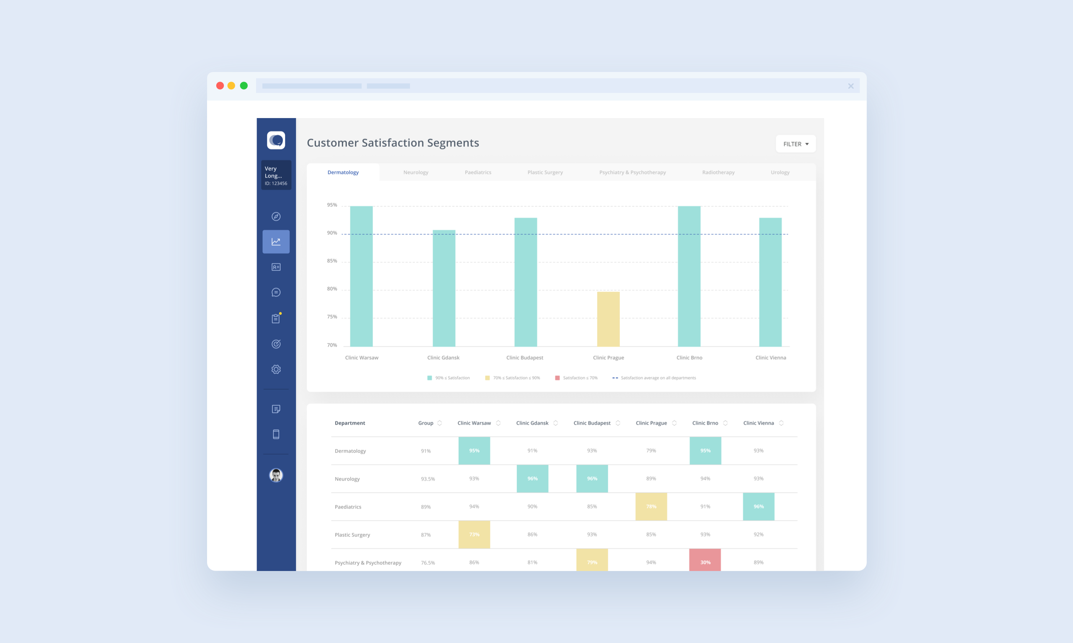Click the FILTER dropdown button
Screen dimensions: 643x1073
click(796, 144)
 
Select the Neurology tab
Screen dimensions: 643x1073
click(415, 172)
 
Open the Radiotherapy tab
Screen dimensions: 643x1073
click(718, 172)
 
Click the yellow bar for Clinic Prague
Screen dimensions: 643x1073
click(608, 319)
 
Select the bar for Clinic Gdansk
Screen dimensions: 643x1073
click(444, 288)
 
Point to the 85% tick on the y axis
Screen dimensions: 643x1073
click(332, 261)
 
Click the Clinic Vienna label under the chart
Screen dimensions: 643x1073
click(770, 358)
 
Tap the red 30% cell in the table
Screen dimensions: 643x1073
click(705, 561)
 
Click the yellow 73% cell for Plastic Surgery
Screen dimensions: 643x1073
click(474, 534)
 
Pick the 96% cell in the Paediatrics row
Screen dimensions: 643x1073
click(758, 507)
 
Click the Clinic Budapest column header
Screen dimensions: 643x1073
click(591, 423)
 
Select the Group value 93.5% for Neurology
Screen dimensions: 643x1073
click(428, 479)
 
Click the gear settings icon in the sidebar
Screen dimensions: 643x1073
click(276, 369)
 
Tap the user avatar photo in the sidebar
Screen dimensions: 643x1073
click(276, 475)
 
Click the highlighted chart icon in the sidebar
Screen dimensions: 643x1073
click(276, 242)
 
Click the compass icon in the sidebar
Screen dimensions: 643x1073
click(276, 216)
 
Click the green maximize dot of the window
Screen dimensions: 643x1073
click(244, 86)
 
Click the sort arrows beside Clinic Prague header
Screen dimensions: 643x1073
click(674, 423)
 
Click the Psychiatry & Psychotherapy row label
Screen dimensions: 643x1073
click(368, 562)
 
